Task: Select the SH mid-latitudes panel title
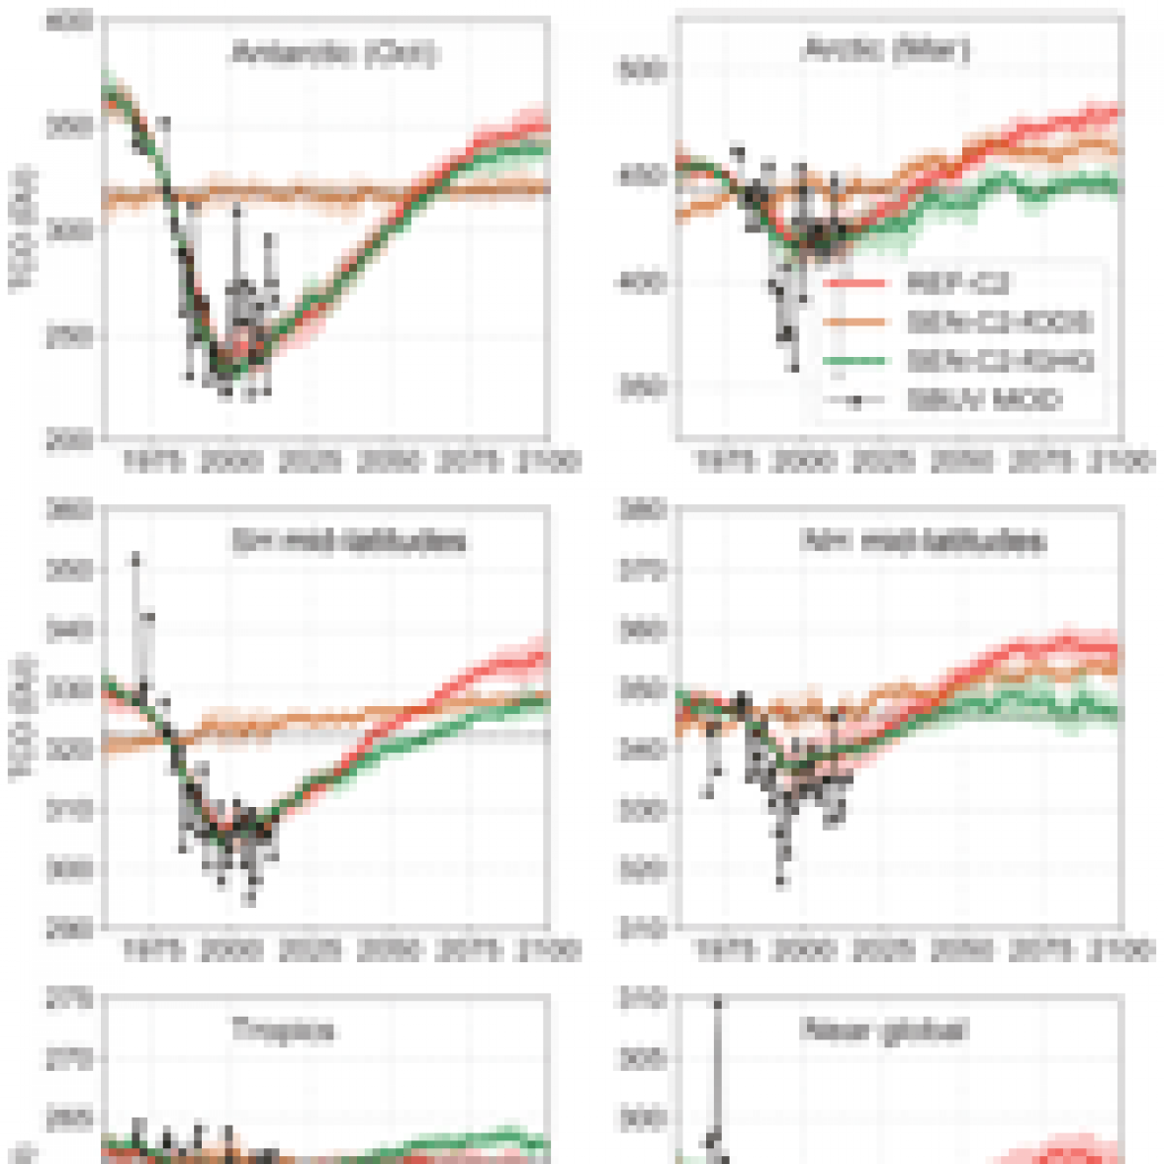[x=348, y=542]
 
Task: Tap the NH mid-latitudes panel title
[x=923, y=542]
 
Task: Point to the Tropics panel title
[x=283, y=1030]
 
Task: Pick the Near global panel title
[x=883, y=1030]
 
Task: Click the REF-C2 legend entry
[x=957, y=285]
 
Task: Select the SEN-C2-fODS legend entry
[x=999, y=322]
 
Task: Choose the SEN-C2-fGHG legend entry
[x=1000, y=361]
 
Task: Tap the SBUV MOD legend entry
[x=984, y=400]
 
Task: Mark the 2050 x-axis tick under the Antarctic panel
[x=390, y=462]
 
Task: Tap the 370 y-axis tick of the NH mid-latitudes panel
[x=645, y=571]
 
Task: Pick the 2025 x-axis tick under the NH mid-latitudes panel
[x=883, y=950]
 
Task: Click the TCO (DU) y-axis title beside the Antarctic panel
[x=22, y=229]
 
